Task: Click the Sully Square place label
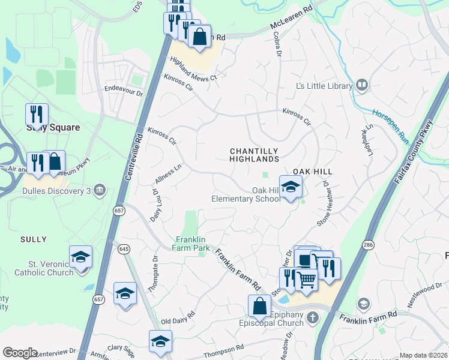tap(53, 127)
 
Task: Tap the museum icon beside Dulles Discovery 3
tap(100, 191)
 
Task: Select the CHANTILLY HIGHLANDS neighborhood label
tap(255, 155)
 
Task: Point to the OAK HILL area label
tap(313, 172)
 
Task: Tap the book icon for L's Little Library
tap(361, 85)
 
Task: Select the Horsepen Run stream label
tap(390, 125)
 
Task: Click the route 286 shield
tap(368, 245)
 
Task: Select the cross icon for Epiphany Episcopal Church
tap(311, 317)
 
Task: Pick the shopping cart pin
tap(306, 279)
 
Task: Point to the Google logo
tap(20, 353)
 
